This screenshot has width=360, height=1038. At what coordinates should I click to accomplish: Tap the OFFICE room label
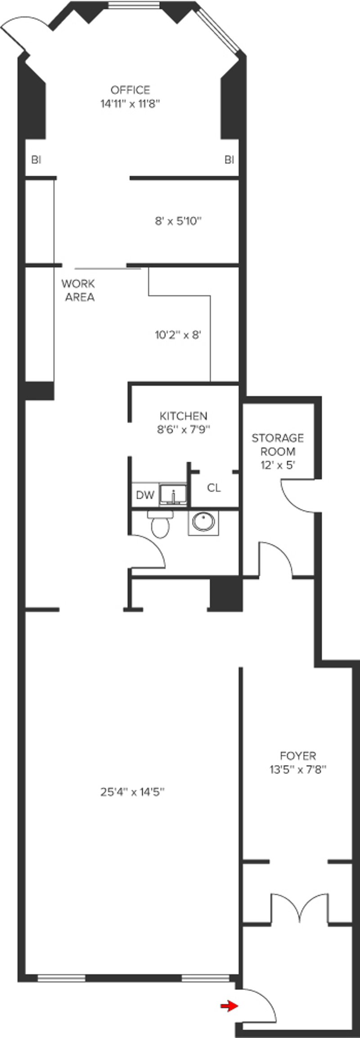[x=130, y=90]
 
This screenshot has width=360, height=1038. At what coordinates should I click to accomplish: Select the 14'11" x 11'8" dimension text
[x=130, y=104]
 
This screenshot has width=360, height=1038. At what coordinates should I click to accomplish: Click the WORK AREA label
[x=78, y=290]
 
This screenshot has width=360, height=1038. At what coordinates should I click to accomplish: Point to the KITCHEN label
[x=184, y=416]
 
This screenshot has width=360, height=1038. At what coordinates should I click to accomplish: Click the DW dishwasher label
[x=145, y=496]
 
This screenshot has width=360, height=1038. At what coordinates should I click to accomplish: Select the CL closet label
[x=214, y=488]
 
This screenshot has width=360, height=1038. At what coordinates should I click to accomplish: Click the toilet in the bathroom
[x=160, y=524]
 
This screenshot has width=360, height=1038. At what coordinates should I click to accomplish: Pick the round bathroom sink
[x=203, y=522]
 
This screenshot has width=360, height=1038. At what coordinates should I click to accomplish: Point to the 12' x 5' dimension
[x=278, y=465]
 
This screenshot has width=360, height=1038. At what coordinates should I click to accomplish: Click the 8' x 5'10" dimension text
[x=178, y=221]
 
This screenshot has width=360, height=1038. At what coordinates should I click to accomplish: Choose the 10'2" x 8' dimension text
[x=178, y=335]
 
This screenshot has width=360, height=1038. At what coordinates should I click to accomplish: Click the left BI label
[x=36, y=159]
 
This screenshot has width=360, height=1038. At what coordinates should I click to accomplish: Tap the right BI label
[x=229, y=159]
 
